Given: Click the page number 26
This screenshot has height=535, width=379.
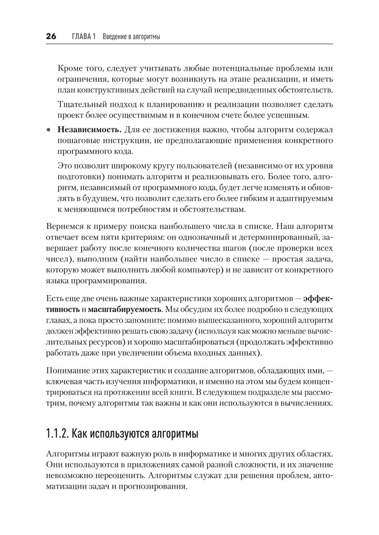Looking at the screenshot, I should click(x=51, y=36).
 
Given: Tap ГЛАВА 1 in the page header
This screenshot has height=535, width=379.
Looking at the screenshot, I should click(x=83, y=36).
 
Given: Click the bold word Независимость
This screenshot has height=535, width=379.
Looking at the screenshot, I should click(x=89, y=130).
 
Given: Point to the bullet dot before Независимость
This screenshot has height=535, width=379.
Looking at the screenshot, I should click(x=48, y=130).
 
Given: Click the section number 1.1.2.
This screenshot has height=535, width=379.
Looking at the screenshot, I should click(x=57, y=433).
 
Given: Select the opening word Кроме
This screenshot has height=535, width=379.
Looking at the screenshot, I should click(x=69, y=69).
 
